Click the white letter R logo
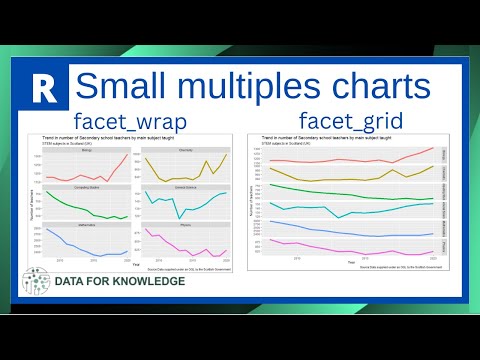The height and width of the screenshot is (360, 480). (x=42, y=88)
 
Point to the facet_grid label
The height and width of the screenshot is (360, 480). (x=350, y=121)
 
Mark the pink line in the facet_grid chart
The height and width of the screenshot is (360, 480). (x=340, y=247)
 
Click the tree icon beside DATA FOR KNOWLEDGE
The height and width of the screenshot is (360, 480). (x=38, y=281)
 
